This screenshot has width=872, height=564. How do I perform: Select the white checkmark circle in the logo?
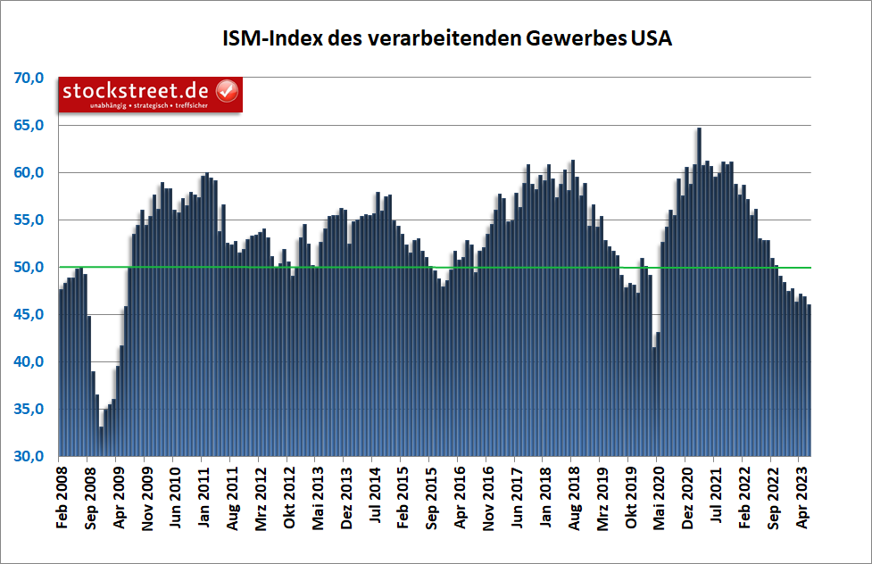[x=228, y=91]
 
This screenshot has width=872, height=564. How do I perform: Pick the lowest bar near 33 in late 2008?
[x=101, y=442]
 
